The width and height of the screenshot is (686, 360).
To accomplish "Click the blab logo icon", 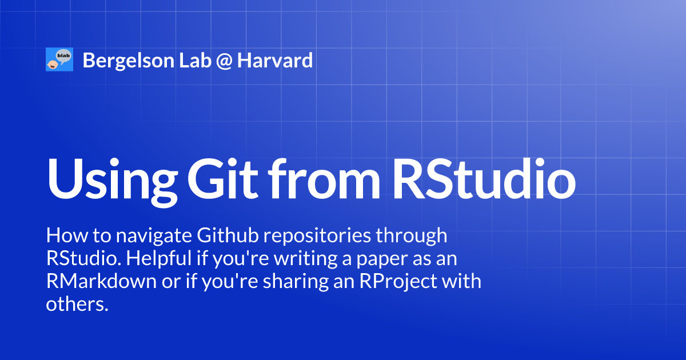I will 59,59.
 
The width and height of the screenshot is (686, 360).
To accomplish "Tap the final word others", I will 77,305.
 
